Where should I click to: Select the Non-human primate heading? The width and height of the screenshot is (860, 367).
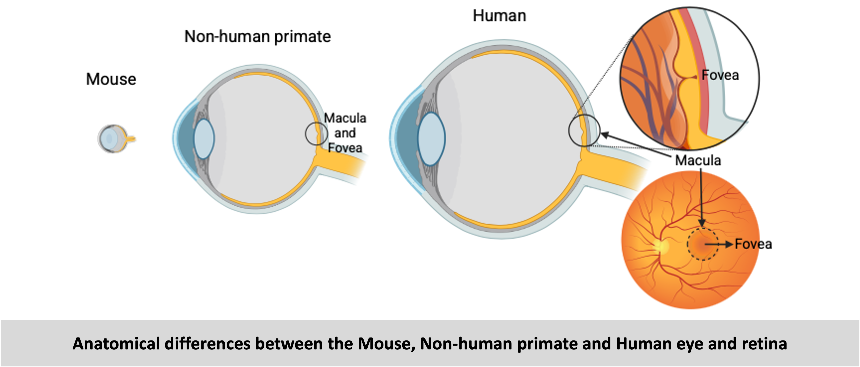click(258, 37)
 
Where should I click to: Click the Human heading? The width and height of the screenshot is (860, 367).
click(499, 16)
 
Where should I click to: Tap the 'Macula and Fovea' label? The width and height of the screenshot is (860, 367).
click(345, 133)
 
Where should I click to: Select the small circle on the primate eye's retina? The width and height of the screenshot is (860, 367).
click(316, 134)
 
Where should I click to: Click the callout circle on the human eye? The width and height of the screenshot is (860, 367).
click(584, 130)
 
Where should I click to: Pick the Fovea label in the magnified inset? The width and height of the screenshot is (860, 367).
click(720, 75)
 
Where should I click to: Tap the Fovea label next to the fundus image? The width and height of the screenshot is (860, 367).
click(753, 244)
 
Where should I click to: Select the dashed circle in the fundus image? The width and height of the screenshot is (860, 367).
click(702, 244)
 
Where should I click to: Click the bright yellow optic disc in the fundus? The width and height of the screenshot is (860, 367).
click(661, 246)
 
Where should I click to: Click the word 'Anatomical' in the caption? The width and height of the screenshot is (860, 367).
click(116, 344)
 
